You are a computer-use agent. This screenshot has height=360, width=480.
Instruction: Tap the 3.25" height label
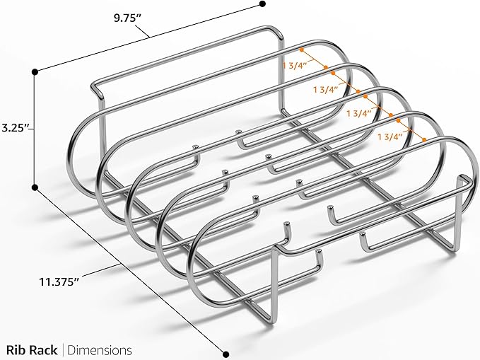pyautogui.click(x=16, y=129)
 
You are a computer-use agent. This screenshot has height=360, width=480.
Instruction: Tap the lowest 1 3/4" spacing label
pyautogui.click(x=391, y=136)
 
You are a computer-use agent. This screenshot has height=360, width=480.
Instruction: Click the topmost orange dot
pyautogui.click(x=302, y=50)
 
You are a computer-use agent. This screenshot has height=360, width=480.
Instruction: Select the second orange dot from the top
pyautogui.click(x=327, y=68)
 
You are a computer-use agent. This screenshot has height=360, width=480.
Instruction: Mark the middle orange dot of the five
pyautogui.click(x=358, y=92)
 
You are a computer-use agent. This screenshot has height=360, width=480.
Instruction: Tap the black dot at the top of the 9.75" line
pyautogui.click(x=263, y=4)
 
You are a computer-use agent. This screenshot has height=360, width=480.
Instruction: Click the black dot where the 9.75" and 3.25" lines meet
pyautogui.click(x=35, y=70)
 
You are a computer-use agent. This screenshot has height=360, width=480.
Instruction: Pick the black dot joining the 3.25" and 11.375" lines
pyautogui.click(x=35, y=187)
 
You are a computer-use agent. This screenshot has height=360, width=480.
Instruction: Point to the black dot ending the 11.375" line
pyautogui.click(x=227, y=354)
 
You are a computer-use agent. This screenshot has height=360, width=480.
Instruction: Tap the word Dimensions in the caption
pyautogui.click(x=100, y=349)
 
